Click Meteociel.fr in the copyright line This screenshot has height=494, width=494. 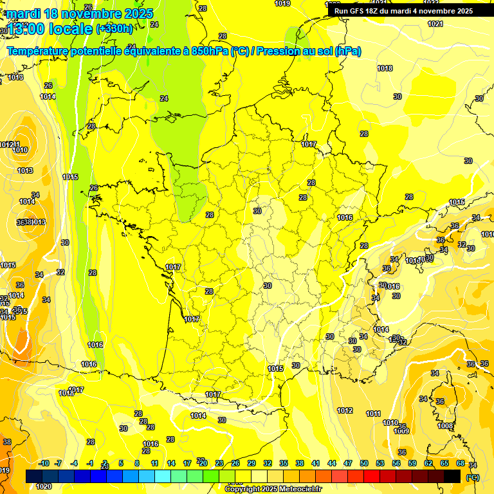pos(297,489)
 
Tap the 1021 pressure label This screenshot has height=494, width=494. pos(435,24)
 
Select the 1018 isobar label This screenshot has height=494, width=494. pos(385,69)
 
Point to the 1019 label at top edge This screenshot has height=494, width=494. pos(282,3)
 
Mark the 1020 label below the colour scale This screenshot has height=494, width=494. pos(44,486)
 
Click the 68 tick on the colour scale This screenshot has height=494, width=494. pos(461,463)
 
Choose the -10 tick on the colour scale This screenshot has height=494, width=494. pos(44,463)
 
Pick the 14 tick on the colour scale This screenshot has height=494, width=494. pos(171,463)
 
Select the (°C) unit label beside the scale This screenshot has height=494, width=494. pos(473,477)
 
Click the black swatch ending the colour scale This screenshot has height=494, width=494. pos(452,476)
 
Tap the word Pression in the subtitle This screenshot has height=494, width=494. pos(279,51)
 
